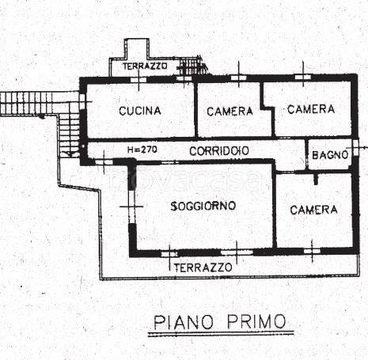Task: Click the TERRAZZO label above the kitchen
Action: pos(145,67)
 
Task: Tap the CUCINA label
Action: pos(140,111)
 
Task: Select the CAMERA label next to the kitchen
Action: pos(230,112)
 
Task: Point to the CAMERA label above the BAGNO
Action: pos(311,108)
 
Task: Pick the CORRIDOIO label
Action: pos(220,150)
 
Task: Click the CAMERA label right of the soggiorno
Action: pos(313,210)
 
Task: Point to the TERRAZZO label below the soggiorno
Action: pos(203,267)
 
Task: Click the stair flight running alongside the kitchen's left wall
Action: pos(70,131)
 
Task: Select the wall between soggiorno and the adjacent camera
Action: pos(274,210)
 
